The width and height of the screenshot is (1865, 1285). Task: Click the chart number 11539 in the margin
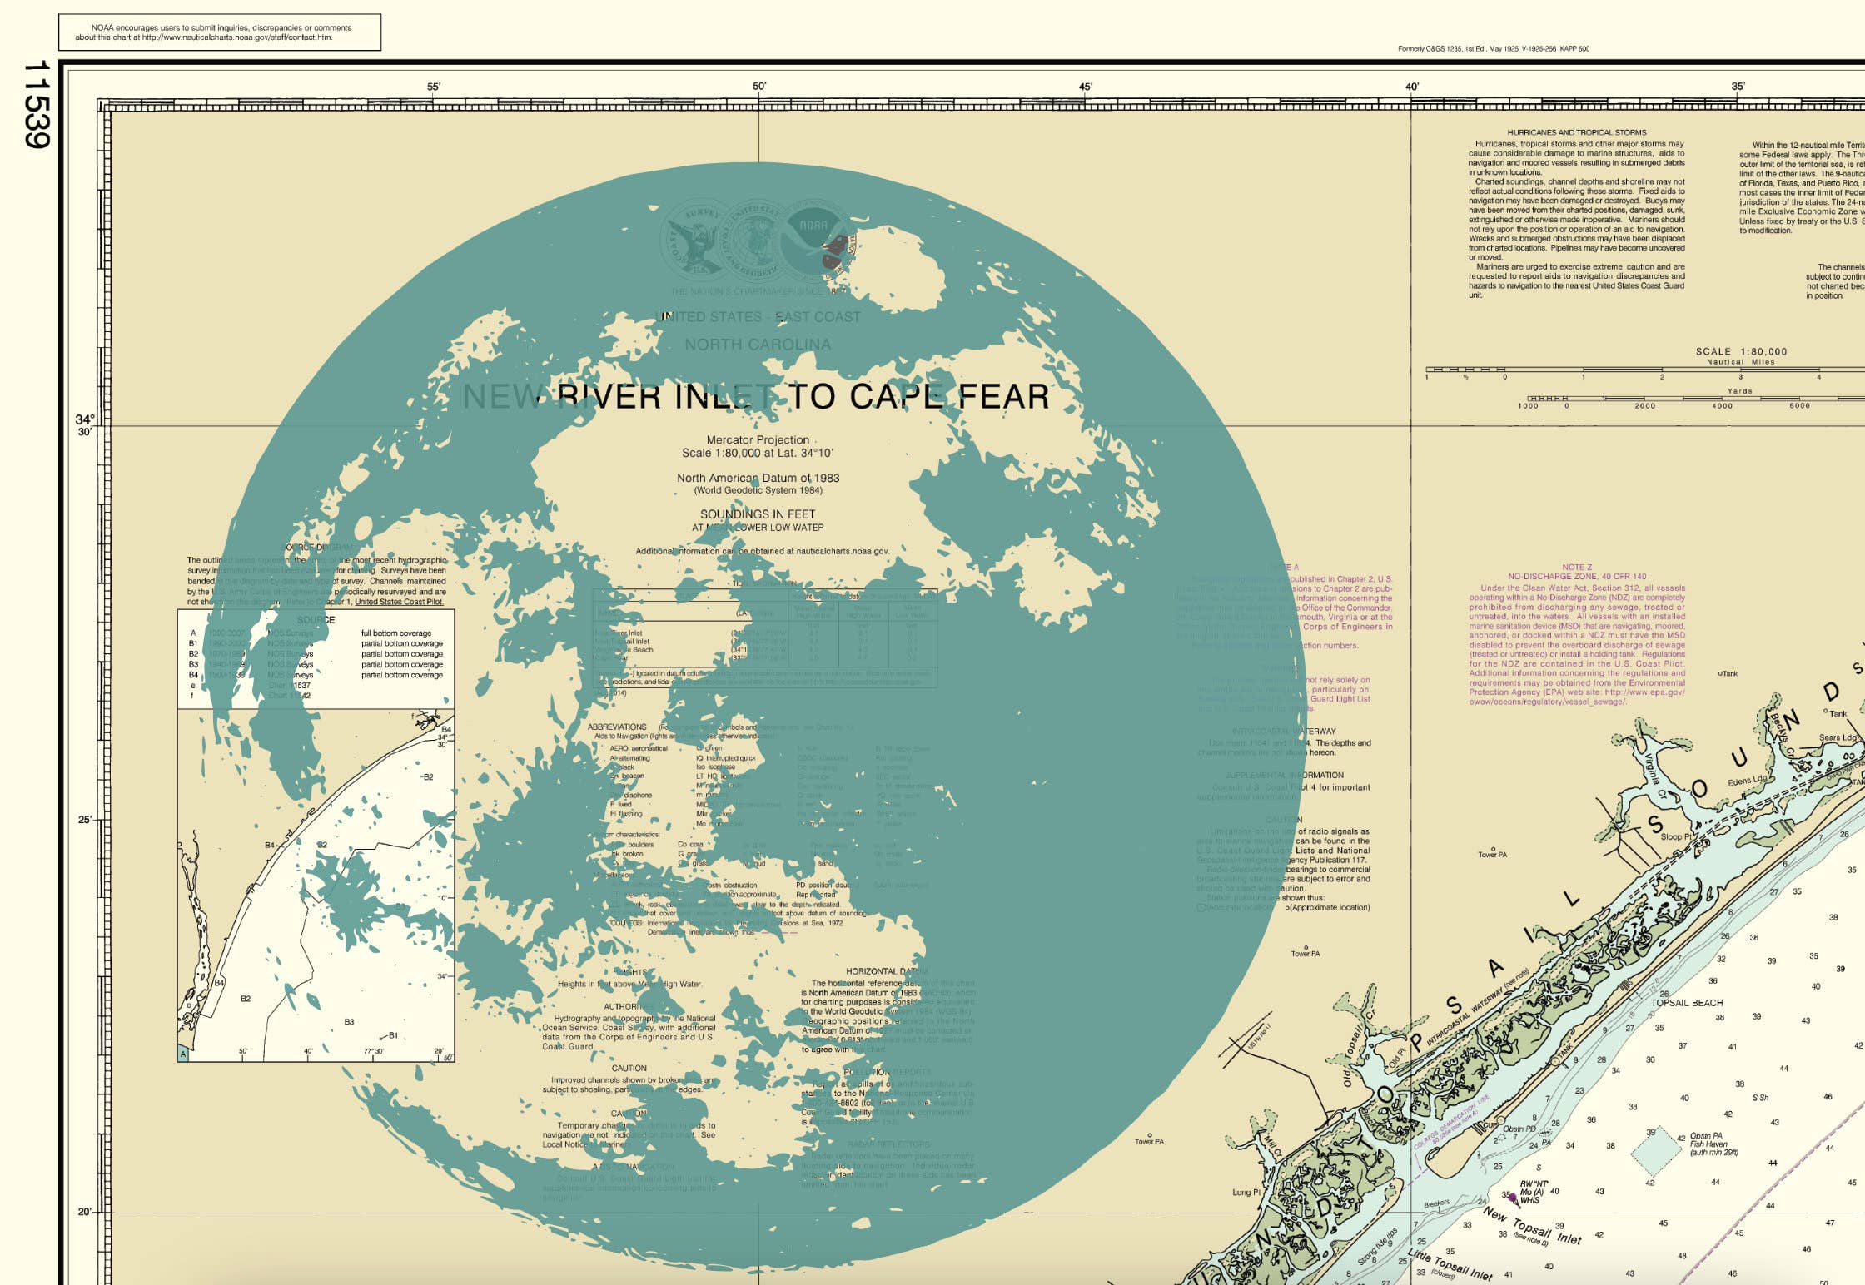37,104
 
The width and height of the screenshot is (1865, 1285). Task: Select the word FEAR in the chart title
1003,397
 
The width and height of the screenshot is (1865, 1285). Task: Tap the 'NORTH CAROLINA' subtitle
757,345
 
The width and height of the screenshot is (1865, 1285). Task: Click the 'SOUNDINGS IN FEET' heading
757,514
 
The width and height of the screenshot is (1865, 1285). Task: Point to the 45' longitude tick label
1085,87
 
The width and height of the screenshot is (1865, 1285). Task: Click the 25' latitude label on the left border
84,820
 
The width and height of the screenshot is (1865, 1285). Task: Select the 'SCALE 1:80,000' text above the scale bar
1741,352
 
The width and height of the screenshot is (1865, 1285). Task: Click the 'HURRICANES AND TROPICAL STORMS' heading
1576,132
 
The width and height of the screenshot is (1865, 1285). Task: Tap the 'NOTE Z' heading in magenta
1576,567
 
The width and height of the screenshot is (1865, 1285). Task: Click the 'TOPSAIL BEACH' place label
1686,1003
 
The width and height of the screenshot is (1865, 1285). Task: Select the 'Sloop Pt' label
1675,836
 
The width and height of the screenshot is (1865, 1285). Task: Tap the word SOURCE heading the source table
316,620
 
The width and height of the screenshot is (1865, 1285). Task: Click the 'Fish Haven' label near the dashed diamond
1708,1144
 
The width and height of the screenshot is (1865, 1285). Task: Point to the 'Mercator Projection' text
757,439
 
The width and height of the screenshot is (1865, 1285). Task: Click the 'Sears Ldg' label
1837,737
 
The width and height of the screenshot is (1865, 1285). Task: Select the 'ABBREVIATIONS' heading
617,727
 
